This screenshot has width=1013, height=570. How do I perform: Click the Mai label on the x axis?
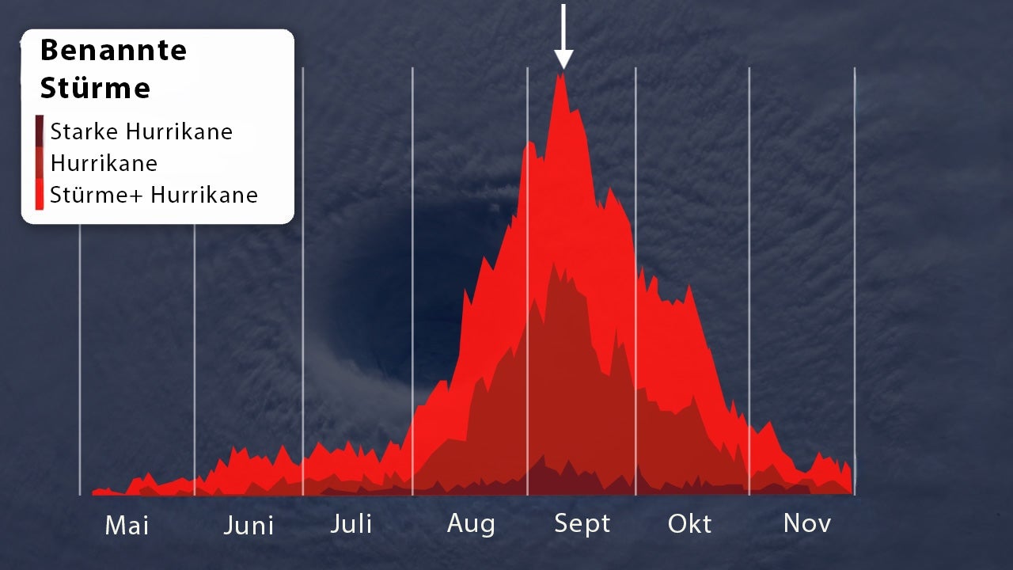(x=127, y=526)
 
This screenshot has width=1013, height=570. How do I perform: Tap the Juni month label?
(x=249, y=526)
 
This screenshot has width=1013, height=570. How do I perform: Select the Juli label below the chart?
(x=351, y=524)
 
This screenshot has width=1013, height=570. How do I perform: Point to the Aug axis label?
(x=471, y=525)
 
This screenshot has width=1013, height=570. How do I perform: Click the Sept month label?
(x=582, y=525)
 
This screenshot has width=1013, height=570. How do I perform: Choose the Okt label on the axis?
(x=689, y=524)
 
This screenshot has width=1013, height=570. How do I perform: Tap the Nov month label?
(x=807, y=523)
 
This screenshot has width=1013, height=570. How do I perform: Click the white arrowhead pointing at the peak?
(x=563, y=59)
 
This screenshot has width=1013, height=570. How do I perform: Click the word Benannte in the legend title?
(x=113, y=50)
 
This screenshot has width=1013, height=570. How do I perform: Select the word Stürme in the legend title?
(x=95, y=87)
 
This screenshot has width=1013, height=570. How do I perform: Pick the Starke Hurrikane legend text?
(x=141, y=131)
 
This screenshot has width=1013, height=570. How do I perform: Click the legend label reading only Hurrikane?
(x=104, y=163)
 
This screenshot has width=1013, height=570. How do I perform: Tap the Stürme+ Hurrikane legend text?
(x=154, y=195)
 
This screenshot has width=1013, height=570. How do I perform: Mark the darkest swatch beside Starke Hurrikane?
(x=40, y=131)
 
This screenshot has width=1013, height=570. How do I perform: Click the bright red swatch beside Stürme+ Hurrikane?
(x=40, y=194)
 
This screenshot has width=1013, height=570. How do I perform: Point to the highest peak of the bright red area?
(x=561, y=74)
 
